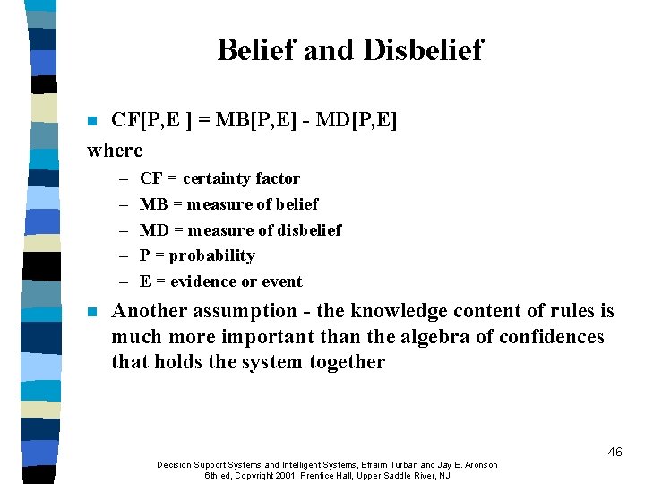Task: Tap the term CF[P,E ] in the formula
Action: pyautogui.click(x=149, y=120)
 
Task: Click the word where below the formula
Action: pyautogui.click(x=115, y=150)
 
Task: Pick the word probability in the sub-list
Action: pyautogui.click(x=211, y=255)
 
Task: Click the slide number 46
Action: pyautogui.click(x=615, y=452)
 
